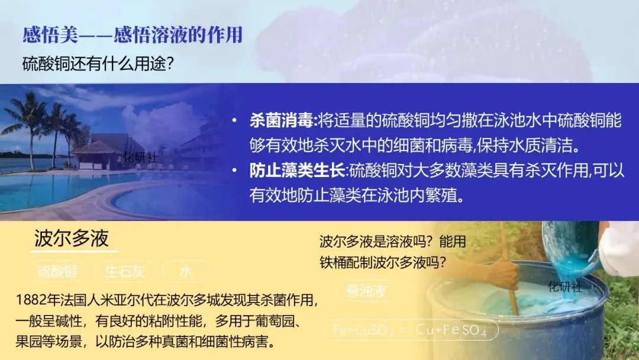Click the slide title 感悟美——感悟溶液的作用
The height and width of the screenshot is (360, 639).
pyautogui.click(x=133, y=35)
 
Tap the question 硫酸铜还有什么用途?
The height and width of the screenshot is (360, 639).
pyautogui.click(x=98, y=63)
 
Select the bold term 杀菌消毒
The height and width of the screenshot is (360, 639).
pyautogui.click(x=282, y=121)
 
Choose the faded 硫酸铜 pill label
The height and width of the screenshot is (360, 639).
pyautogui.click(x=57, y=272)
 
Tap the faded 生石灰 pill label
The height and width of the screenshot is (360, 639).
pyautogui.click(x=124, y=272)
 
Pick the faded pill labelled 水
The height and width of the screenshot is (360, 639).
pyautogui.click(x=186, y=272)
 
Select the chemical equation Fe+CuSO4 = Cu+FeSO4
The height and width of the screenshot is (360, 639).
pyautogui.click(x=409, y=330)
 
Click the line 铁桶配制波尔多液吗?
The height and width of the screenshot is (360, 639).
pyautogui.click(x=383, y=261)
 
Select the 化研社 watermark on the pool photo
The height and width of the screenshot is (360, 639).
pyautogui.click(x=140, y=157)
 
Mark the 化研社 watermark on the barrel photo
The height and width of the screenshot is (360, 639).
pyautogui.click(x=565, y=287)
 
